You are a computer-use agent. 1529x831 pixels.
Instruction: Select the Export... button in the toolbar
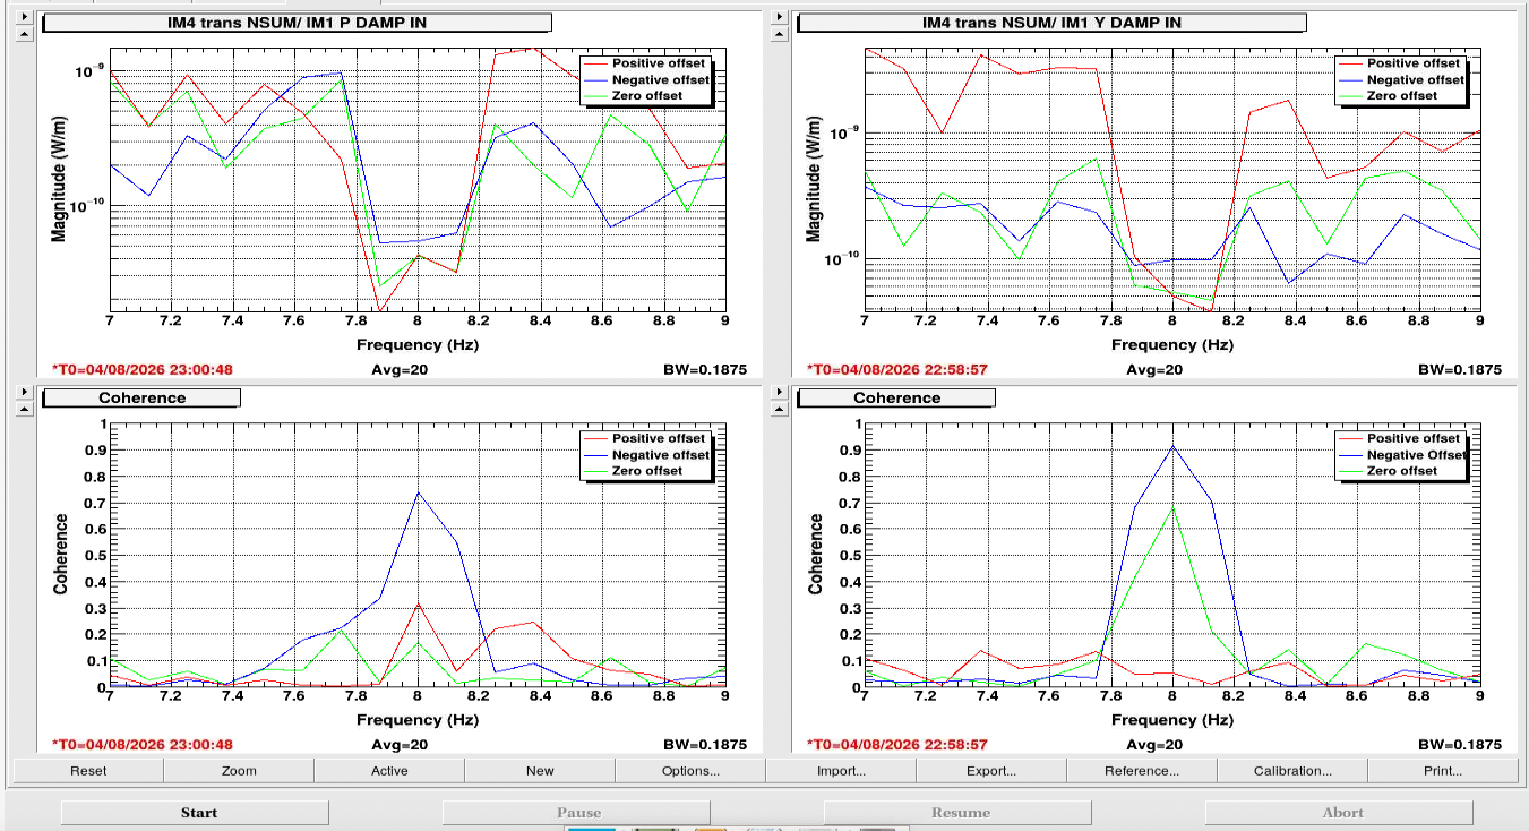coord(991,770)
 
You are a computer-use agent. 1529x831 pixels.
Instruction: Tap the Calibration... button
coord(1292,770)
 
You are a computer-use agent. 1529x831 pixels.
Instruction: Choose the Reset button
coord(88,770)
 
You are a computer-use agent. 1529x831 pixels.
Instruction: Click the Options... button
coord(690,770)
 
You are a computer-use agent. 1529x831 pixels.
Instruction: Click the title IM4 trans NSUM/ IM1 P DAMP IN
coord(297,23)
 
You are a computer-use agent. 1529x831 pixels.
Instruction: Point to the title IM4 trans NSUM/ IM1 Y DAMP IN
coord(1051,23)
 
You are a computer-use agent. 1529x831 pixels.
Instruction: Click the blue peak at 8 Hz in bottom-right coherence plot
coord(1173,446)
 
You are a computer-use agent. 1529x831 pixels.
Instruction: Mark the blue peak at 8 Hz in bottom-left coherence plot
coord(418,492)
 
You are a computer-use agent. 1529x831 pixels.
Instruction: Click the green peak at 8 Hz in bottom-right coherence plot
coord(1173,506)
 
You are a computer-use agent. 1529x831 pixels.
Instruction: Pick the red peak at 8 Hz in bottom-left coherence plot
coord(418,604)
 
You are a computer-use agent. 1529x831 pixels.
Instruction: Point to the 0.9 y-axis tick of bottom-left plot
coord(96,450)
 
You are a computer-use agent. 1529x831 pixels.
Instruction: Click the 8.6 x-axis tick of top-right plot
coord(1356,320)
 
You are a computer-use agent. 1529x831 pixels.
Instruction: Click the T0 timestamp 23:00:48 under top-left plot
coord(143,369)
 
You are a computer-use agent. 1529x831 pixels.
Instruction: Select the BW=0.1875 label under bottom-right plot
coord(1460,744)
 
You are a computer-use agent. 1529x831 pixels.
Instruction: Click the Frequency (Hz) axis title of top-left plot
coord(418,345)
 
